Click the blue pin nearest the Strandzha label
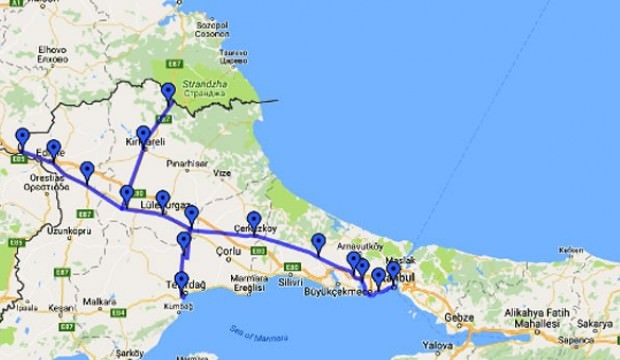pos(168,93)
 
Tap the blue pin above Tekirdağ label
pos(181,280)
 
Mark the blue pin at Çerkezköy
pos(254,220)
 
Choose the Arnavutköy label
pos(355,243)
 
